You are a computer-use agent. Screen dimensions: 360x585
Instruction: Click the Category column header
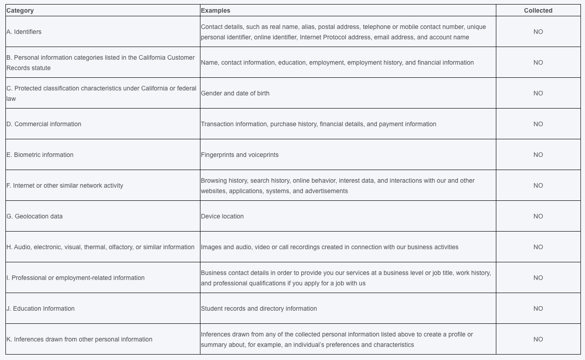[x=20, y=10]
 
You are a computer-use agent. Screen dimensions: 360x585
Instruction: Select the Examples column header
[x=215, y=10]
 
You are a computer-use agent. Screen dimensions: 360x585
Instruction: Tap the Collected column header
[x=538, y=10]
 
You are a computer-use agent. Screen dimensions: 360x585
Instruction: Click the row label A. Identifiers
[x=24, y=32]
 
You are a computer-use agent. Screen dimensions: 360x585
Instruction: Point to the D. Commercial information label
[x=44, y=124]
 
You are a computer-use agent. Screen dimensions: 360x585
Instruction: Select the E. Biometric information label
[x=40, y=155]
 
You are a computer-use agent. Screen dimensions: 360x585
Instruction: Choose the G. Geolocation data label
[x=34, y=216]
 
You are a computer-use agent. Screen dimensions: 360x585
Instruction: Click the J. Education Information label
[x=40, y=308]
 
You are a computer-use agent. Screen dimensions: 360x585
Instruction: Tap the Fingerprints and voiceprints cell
[x=240, y=155]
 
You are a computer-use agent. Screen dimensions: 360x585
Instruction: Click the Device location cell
[x=222, y=216]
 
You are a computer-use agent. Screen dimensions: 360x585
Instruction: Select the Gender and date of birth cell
[x=235, y=93]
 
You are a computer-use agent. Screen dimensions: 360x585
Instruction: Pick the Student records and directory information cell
[x=259, y=308]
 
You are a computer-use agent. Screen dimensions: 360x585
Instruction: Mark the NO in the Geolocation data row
[x=538, y=216]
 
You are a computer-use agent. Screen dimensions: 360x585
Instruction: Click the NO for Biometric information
[x=538, y=155]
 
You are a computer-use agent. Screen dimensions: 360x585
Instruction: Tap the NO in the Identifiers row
[x=538, y=32]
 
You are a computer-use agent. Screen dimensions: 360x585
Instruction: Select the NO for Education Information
[x=538, y=308]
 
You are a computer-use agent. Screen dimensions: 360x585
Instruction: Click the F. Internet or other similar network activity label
[x=65, y=185]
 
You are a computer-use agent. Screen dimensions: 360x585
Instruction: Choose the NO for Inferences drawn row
[x=538, y=339]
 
